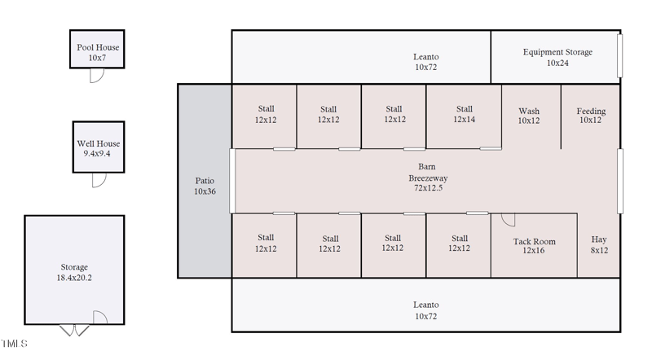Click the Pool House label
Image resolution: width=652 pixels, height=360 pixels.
(98, 47)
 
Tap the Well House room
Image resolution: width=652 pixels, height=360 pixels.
(99, 147)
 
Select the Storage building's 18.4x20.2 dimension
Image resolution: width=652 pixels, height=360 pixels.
(74, 278)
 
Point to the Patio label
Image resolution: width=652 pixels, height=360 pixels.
(204, 181)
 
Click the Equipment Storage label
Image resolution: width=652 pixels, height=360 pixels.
(557, 52)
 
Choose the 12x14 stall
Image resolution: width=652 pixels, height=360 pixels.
(464, 114)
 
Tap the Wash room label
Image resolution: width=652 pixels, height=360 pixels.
(529, 111)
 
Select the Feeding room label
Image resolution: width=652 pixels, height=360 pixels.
(591, 111)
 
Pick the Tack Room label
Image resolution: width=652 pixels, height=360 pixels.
(534, 241)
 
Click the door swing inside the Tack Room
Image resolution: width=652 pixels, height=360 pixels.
(507, 220)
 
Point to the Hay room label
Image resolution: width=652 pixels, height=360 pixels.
(599, 239)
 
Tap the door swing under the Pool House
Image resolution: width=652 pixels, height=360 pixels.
(96, 76)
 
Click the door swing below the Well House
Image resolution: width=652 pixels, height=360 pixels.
(99, 180)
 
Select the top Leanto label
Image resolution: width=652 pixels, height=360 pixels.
(425, 57)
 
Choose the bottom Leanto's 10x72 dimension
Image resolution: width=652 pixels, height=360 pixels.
(425, 316)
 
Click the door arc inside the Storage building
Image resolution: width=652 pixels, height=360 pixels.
(100, 317)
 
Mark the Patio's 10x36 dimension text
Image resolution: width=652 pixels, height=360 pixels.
(204, 191)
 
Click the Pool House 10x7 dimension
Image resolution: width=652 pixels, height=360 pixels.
(98, 58)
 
